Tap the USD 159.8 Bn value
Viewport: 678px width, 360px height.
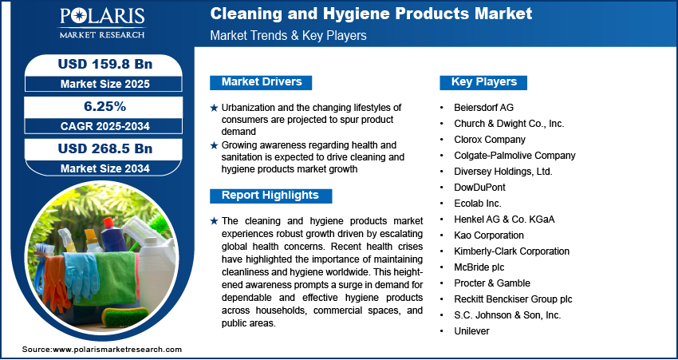pyautogui.click(x=100, y=63)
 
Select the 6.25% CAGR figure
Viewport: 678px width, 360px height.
pyautogui.click(x=100, y=106)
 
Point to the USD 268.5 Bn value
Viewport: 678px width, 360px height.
pyautogui.click(x=100, y=149)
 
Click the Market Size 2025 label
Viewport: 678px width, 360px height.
pyautogui.click(x=100, y=83)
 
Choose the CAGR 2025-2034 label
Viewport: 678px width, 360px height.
pyautogui.click(x=100, y=126)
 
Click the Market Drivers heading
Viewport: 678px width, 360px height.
pyautogui.click(x=261, y=82)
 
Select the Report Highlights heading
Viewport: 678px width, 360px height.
pyautogui.click(x=270, y=196)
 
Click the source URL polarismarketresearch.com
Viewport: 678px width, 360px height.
pyautogui.click(x=118, y=350)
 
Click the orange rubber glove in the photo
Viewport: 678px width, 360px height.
pyautogui.click(x=54, y=279)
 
